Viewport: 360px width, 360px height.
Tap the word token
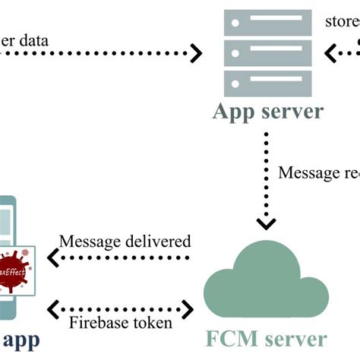[x=152, y=322]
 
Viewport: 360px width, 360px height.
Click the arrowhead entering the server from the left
[x=195, y=53]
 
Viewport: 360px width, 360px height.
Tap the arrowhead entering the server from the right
[x=331, y=52]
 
